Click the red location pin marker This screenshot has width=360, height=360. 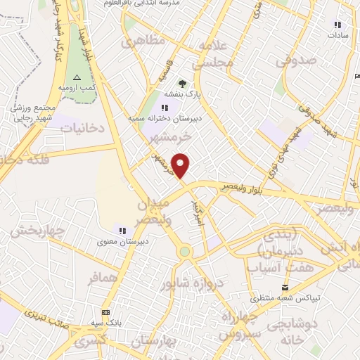(181, 165)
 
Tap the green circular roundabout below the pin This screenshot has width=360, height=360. (184, 251)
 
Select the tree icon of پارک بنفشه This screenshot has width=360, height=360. (183, 84)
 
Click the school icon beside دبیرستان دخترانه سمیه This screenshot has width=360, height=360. (165, 108)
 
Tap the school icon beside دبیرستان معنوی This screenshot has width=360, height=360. (122, 231)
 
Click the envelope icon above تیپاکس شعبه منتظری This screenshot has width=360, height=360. (285, 287)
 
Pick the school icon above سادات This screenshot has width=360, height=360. (337, 25)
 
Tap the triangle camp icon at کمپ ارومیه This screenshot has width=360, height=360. (77, 77)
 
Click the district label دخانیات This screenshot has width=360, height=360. (82, 128)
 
